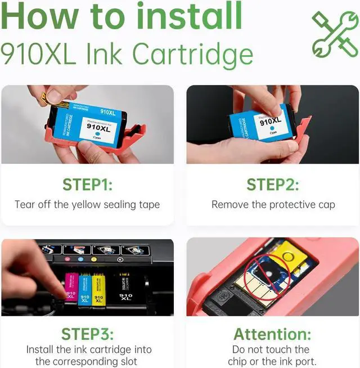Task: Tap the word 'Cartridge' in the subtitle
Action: coord(197,55)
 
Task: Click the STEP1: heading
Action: coord(87,185)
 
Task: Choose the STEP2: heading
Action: coord(273,185)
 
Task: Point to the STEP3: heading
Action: coord(87,334)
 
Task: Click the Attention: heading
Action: coord(273,334)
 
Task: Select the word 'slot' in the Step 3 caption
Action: coord(125,361)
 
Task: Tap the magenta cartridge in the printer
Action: coord(72,288)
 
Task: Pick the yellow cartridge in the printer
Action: coord(98,291)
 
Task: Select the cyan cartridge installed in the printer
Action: coord(85,291)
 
